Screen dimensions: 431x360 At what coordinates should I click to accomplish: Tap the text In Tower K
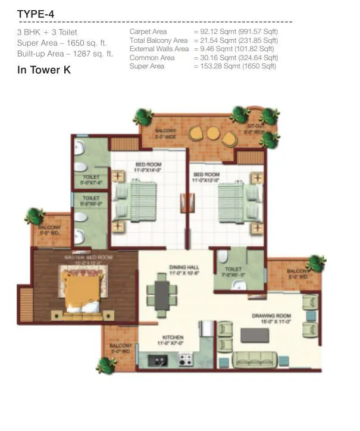click(x=45, y=70)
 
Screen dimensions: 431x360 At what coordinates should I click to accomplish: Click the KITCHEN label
click(x=169, y=338)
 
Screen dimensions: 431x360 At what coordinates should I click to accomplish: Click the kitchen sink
click(x=156, y=359)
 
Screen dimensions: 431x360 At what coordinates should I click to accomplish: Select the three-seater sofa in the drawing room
click(x=255, y=359)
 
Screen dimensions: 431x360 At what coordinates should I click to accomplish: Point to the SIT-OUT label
click(x=256, y=127)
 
